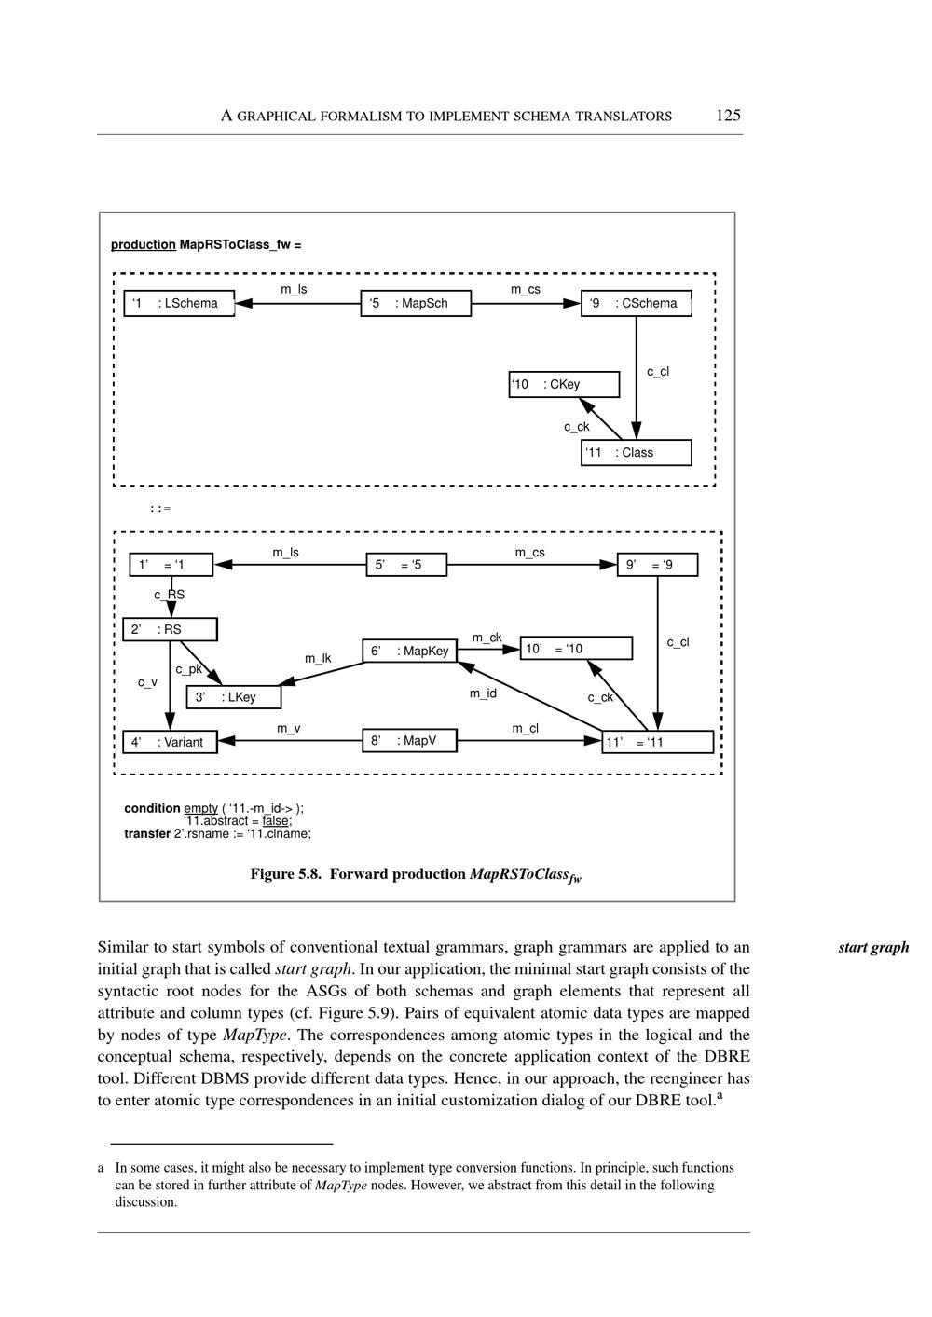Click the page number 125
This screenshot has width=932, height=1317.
coord(728,116)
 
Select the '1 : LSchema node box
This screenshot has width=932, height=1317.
coord(179,304)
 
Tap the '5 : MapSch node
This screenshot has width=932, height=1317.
coord(416,304)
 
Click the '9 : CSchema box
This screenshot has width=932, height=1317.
coord(637,304)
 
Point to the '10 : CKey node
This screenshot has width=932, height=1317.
coord(564,384)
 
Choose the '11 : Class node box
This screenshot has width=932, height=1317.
coord(637,453)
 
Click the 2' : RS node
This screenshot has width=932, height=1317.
coord(170,630)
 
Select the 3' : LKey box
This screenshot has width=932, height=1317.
coord(233,697)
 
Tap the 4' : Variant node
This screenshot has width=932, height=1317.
coord(170,742)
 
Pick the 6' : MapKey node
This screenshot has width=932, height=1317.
coord(410,651)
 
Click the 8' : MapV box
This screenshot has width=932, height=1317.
coord(410,741)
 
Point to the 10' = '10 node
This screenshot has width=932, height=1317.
coord(576,649)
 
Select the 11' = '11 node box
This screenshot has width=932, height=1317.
coord(657,742)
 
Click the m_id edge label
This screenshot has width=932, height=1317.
coord(483,693)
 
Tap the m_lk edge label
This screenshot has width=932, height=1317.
coord(318,659)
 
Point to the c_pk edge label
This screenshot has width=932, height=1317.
coord(188,669)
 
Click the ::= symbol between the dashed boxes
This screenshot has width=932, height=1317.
coord(160,509)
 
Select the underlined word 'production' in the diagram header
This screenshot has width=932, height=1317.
coord(144,245)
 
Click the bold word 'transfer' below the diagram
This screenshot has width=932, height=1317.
coord(147,833)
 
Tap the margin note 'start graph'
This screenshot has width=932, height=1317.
coord(873,948)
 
